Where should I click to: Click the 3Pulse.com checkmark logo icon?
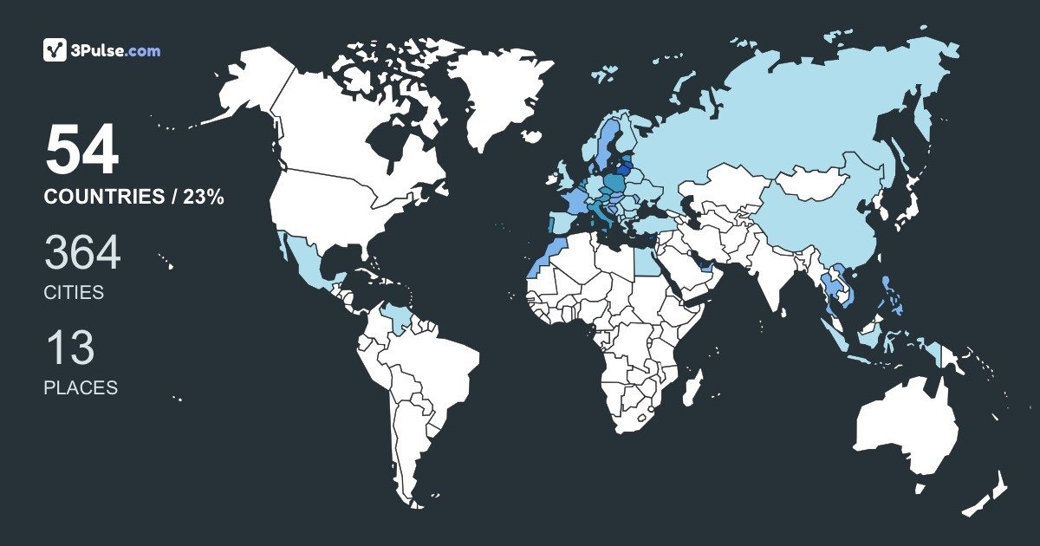(x=55, y=50)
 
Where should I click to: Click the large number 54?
(x=81, y=151)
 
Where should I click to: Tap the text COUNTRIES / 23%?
(x=134, y=198)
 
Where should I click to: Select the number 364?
(x=82, y=254)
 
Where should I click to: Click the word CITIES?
(x=74, y=293)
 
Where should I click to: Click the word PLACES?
(x=81, y=388)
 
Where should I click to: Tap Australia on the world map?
(x=906, y=429)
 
